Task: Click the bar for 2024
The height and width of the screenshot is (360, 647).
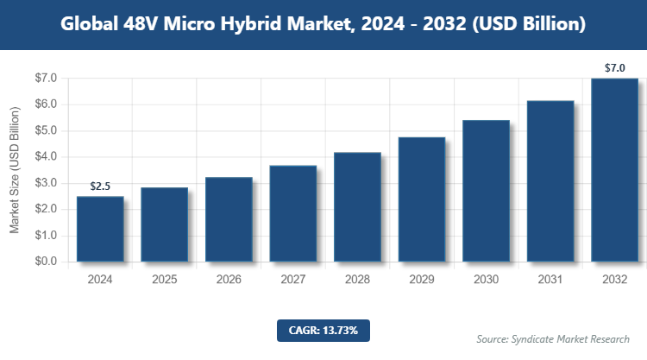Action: (x=100, y=229)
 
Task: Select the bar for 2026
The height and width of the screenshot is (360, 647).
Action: (x=229, y=219)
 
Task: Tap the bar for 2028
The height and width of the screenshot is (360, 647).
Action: (x=357, y=207)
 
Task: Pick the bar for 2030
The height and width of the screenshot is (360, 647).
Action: (x=486, y=191)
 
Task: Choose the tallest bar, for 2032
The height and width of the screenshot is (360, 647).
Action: (x=614, y=170)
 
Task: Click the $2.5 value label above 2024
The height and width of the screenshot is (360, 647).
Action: (x=100, y=186)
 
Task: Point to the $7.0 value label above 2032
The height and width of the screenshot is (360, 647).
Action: (x=614, y=68)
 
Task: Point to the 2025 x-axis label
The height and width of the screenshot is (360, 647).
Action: (x=164, y=280)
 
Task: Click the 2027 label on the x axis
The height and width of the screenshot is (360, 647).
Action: (x=292, y=280)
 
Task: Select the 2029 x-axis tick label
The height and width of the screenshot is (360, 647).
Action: (x=421, y=280)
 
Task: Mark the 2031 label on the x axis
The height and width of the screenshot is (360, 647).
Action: (x=550, y=280)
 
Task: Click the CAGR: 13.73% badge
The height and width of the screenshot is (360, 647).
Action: (x=323, y=330)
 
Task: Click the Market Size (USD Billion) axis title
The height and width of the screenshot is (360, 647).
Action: (x=15, y=170)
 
